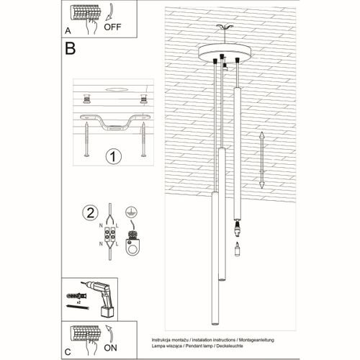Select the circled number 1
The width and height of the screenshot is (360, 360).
[113, 156]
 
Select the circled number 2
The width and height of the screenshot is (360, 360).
[90, 213]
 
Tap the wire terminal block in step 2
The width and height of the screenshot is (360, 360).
[111, 235]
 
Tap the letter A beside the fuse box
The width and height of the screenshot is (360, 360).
[68, 31]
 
